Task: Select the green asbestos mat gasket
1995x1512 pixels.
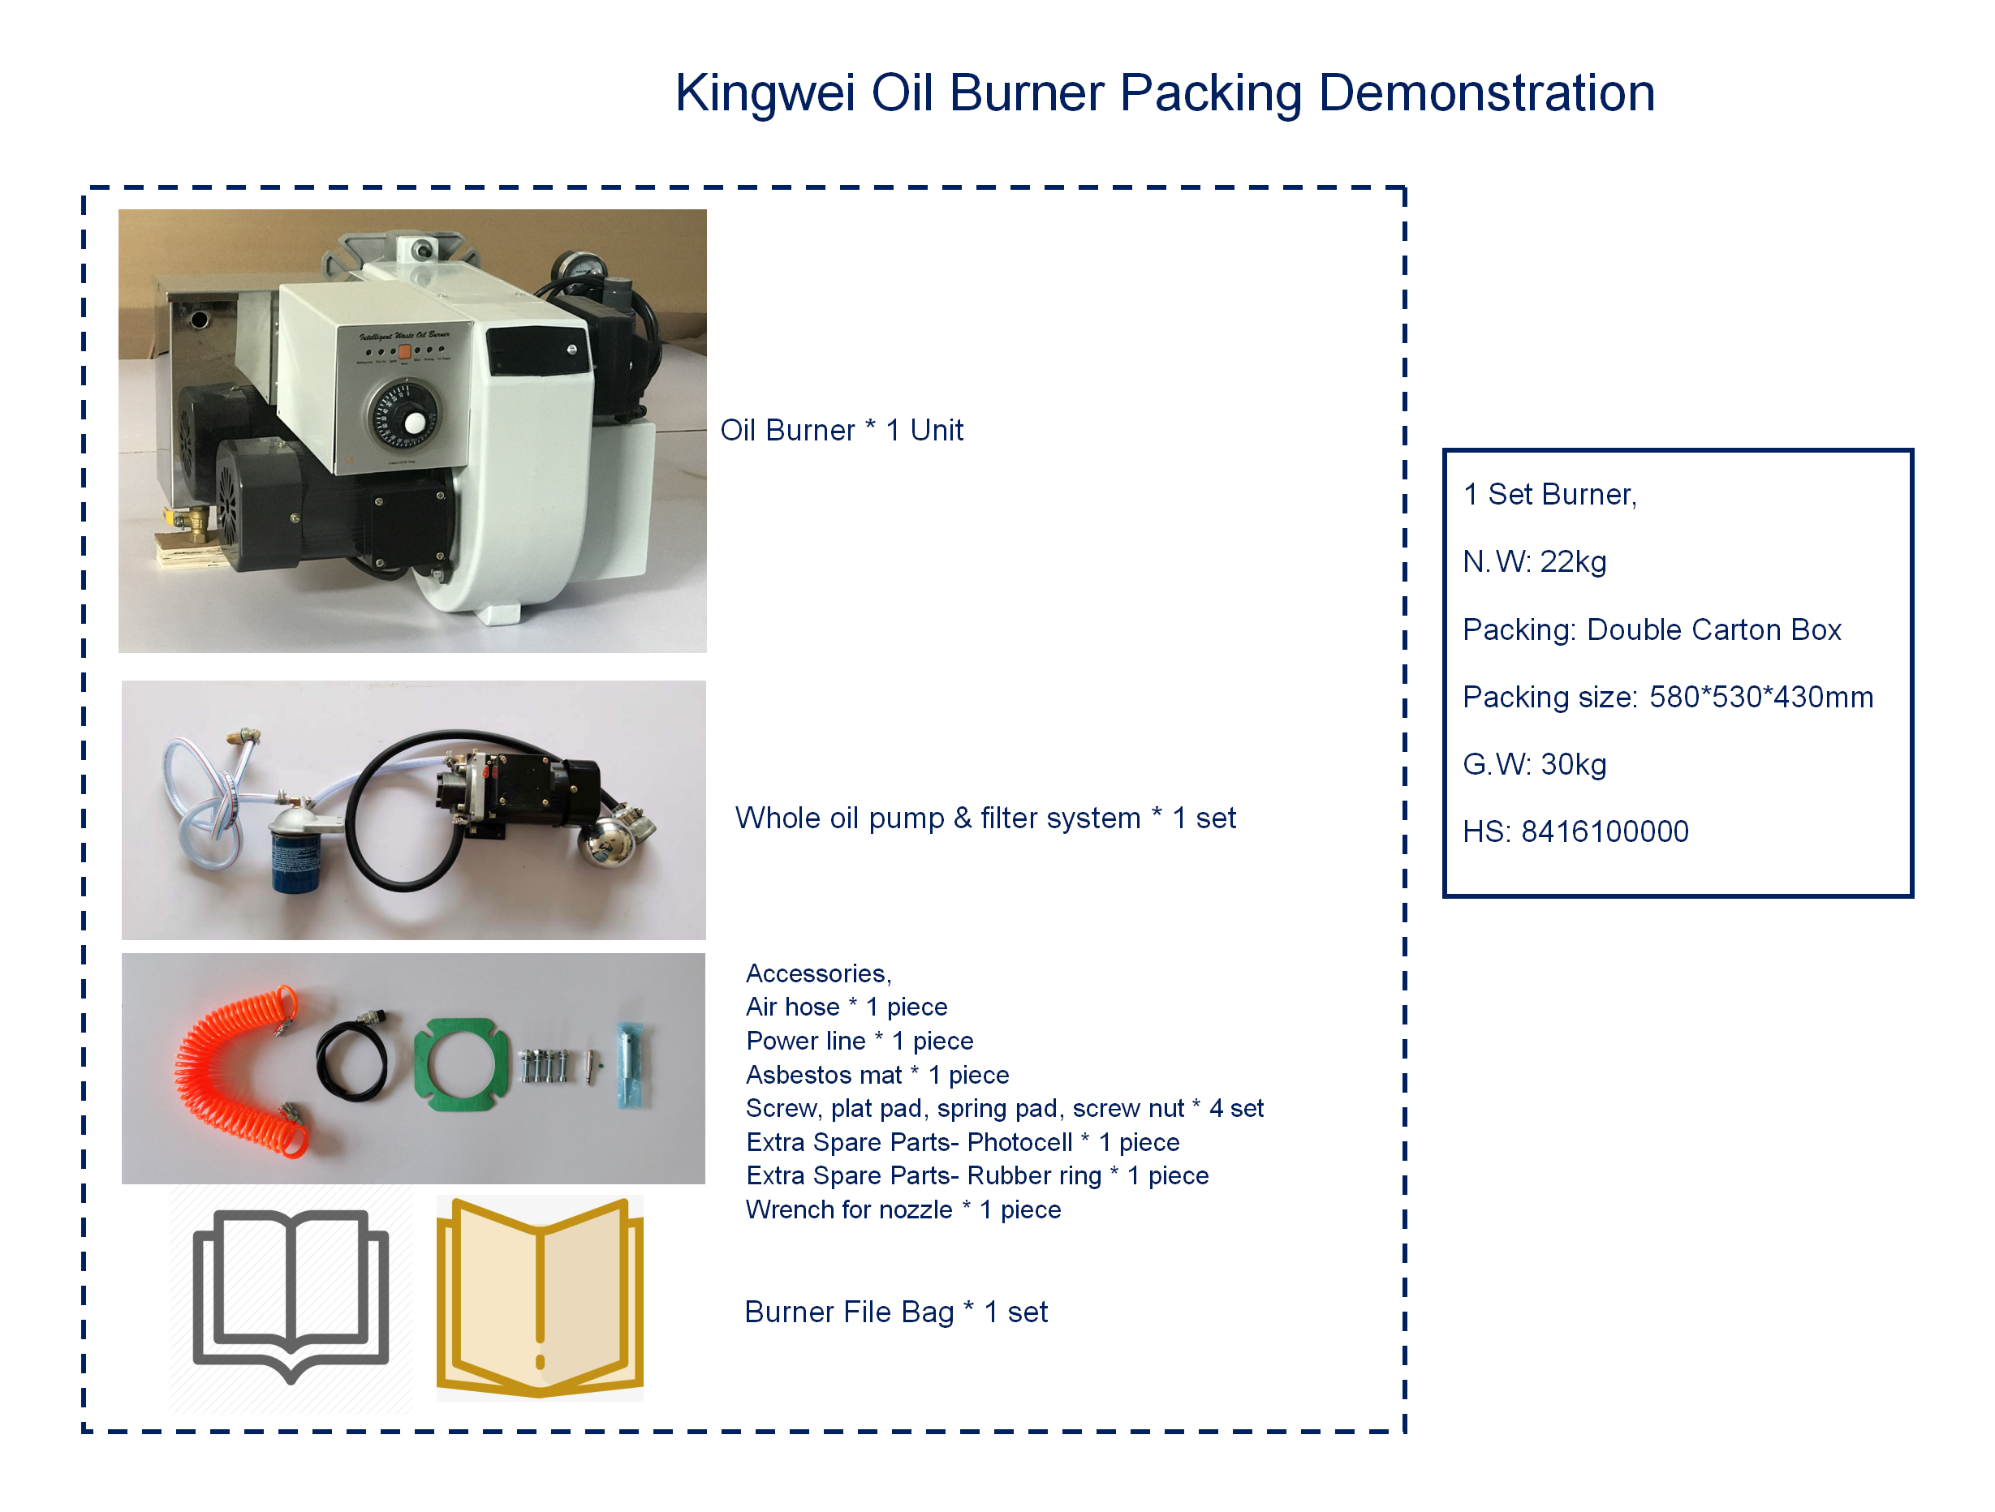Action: [456, 1065]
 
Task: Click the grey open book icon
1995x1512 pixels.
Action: [291, 1293]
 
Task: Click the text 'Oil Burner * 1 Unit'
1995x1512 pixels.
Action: [842, 430]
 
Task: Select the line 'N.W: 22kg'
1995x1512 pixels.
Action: [1534, 561]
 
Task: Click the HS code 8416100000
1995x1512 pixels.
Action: [1605, 831]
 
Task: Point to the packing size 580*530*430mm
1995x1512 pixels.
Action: [1760, 697]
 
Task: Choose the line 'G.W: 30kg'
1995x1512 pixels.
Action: [1534, 765]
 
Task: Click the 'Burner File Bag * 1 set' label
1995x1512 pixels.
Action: [895, 1312]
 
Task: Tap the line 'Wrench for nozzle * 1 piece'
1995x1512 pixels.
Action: [903, 1210]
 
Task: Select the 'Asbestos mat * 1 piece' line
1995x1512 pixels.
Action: [877, 1075]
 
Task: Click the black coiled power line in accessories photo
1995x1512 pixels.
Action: [351, 1059]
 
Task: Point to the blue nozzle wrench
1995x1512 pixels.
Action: [631, 1064]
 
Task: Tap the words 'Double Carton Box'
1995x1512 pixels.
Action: [1713, 629]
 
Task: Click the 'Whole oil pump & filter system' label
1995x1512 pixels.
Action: [938, 818]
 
